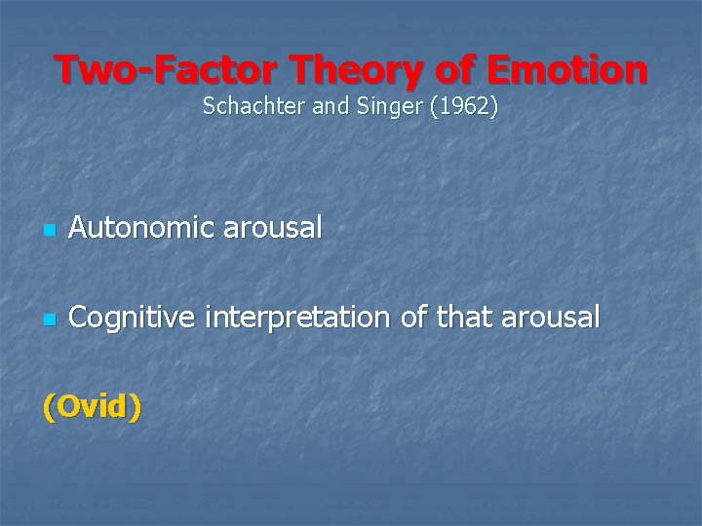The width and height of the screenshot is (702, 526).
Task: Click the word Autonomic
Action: pos(139,230)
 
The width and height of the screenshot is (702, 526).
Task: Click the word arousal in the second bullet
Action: pos(555,318)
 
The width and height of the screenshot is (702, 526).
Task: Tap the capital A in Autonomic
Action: pos(79,230)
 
